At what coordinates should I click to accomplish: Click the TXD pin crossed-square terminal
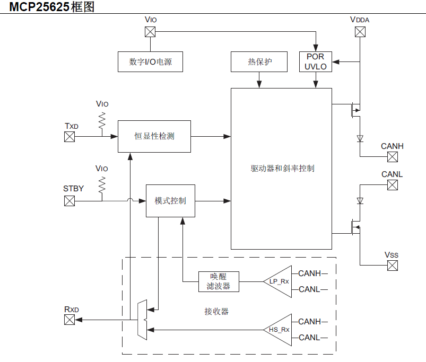pos(69,136)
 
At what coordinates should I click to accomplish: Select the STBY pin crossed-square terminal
pos(69,201)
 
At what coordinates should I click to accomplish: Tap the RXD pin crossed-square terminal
pos(69,320)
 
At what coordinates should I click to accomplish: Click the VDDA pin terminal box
pos(360,32)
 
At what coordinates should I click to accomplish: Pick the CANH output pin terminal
pos(392,157)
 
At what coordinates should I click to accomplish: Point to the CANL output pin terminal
pos(392,185)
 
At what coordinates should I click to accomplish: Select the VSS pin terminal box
pos(392,266)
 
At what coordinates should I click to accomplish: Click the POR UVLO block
pos(316,62)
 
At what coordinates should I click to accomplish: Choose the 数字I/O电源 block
pos(151,62)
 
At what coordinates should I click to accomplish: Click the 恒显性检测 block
pos(154,136)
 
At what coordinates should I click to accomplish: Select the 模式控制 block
pos(170,201)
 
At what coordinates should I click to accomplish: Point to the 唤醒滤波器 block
pos(218,281)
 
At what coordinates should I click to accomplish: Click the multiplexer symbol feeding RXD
pos(141,320)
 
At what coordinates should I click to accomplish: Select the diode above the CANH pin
pos(360,138)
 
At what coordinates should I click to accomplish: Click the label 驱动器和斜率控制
pos(282,169)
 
